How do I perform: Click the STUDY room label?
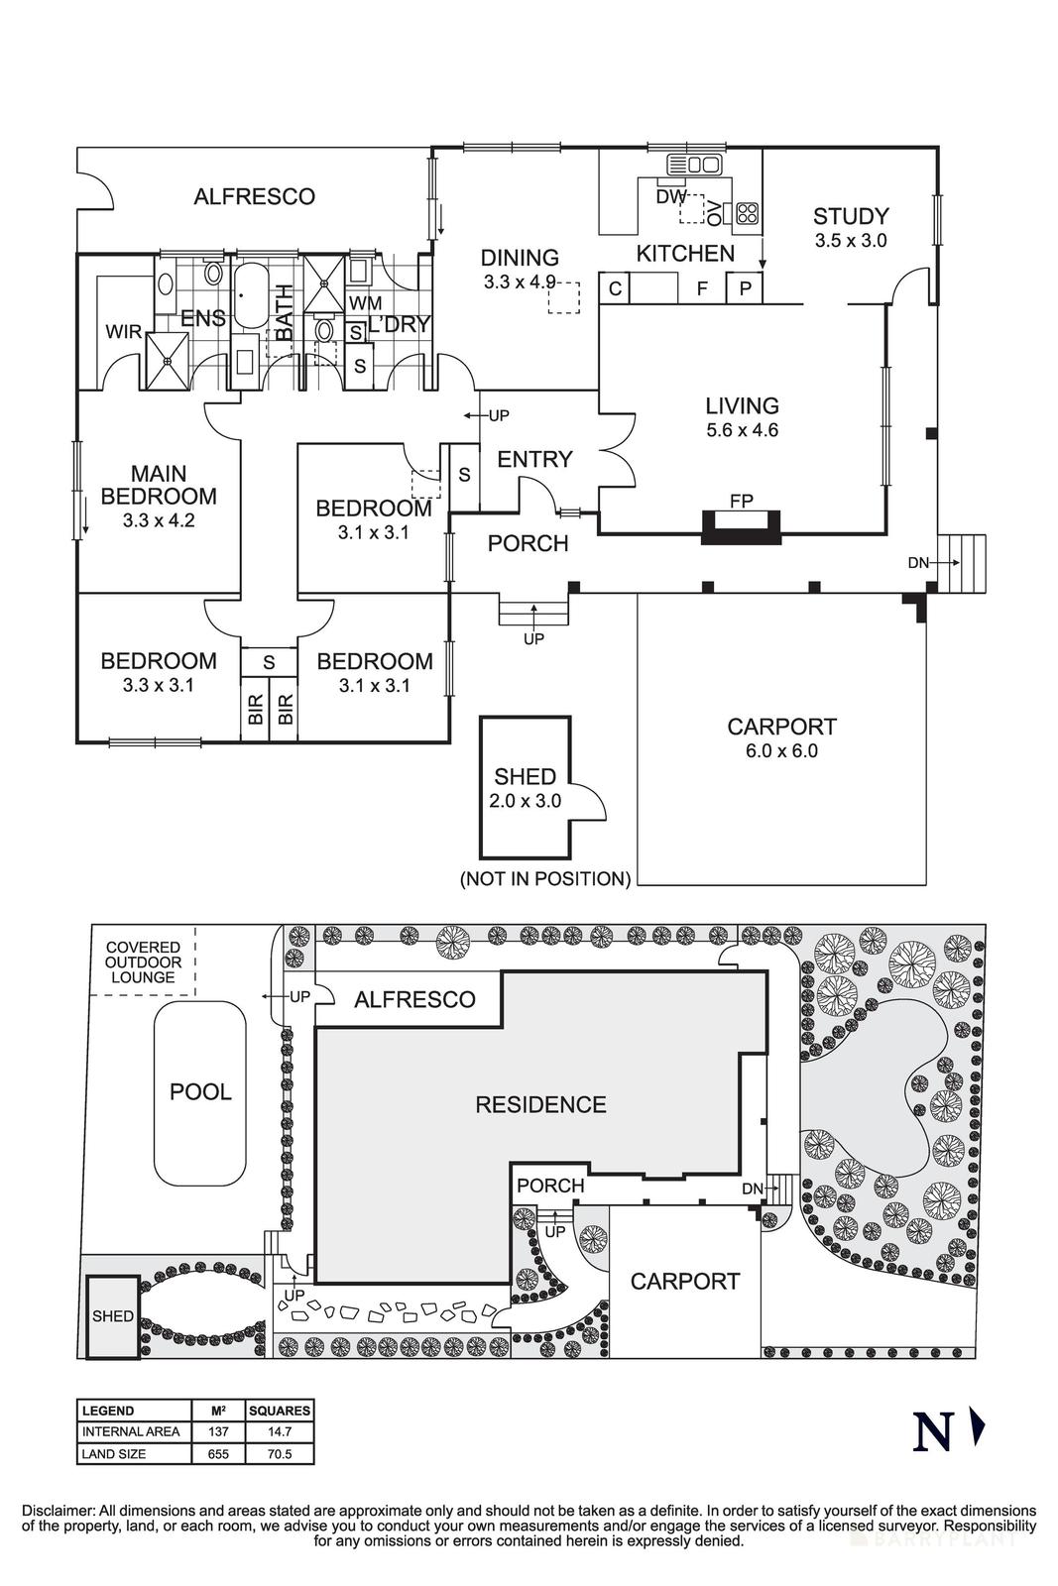tap(850, 216)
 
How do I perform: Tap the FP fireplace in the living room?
tap(742, 524)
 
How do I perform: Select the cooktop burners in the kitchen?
tap(747, 212)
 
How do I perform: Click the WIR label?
tap(124, 332)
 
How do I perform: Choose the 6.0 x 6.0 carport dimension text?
tap(781, 751)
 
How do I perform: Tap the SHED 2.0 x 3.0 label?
tap(525, 788)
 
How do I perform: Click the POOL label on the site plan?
tap(200, 1091)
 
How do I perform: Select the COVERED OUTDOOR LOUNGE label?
tap(144, 963)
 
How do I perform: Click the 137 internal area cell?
tap(218, 1431)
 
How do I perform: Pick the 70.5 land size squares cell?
tap(280, 1454)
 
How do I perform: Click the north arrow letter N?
tap(932, 1431)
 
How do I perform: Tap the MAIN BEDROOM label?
tap(159, 485)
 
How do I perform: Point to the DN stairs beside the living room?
tap(966, 563)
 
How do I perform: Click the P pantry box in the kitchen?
tap(745, 288)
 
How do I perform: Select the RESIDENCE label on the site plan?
tap(540, 1104)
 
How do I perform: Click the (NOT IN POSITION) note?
tap(545, 878)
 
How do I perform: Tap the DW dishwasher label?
tap(671, 197)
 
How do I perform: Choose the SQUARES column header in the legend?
tap(280, 1410)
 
